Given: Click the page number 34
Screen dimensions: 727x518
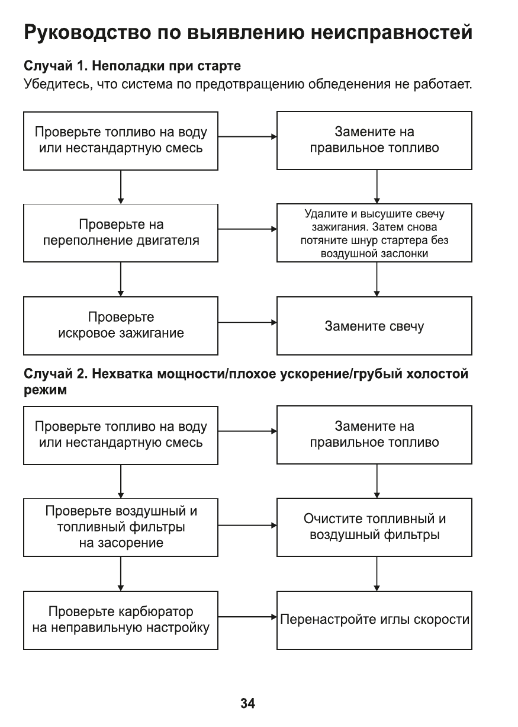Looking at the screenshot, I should click(247, 704).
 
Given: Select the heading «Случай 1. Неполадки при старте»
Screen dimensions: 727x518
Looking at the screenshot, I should click(132, 64).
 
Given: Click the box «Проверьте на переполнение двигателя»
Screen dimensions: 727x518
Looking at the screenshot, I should click(121, 233).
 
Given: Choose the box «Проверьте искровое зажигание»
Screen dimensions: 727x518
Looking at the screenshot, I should click(121, 325).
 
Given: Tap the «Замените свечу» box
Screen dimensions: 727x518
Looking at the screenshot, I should click(374, 326).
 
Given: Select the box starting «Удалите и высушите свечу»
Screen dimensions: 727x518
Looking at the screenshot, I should click(374, 233).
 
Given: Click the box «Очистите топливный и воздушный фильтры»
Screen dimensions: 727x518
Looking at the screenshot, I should click(374, 527).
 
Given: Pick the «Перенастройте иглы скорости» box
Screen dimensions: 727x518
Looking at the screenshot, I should click(374, 620).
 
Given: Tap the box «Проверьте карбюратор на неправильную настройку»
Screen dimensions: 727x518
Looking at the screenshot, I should click(121, 620).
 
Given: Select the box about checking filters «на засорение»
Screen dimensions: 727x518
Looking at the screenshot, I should click(121, 527).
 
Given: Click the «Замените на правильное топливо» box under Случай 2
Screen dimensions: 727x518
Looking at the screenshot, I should click(374, 434).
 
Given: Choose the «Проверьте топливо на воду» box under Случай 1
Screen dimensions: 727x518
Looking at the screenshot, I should click(121, 140).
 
